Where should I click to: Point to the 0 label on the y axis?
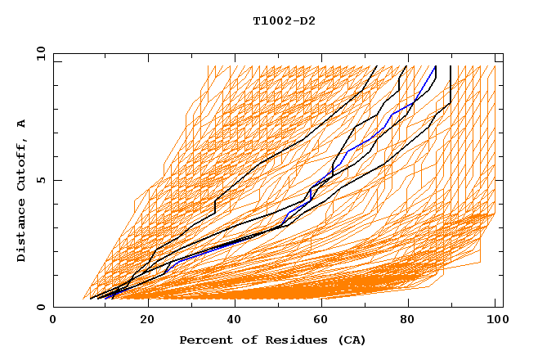pos(40,308)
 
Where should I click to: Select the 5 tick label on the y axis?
pos(40,180)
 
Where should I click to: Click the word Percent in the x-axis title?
pos(202,340)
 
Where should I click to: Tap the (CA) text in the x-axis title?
pos(352,340)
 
